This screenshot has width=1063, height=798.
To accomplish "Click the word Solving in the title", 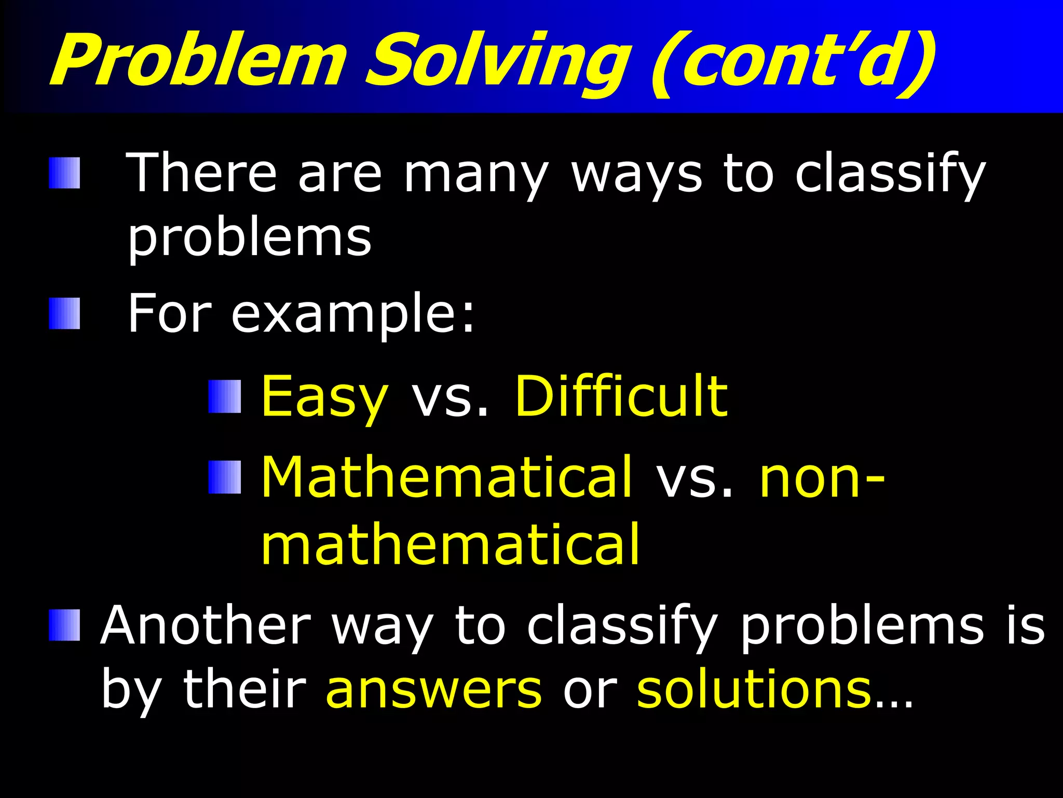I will click(496, 60).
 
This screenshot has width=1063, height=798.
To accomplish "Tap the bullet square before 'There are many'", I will click(65, 173).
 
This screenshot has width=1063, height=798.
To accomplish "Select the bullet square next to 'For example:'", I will click(65, 313).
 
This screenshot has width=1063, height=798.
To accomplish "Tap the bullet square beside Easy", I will click(225, 396).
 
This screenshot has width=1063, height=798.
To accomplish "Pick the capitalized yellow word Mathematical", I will click(446, 477).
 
